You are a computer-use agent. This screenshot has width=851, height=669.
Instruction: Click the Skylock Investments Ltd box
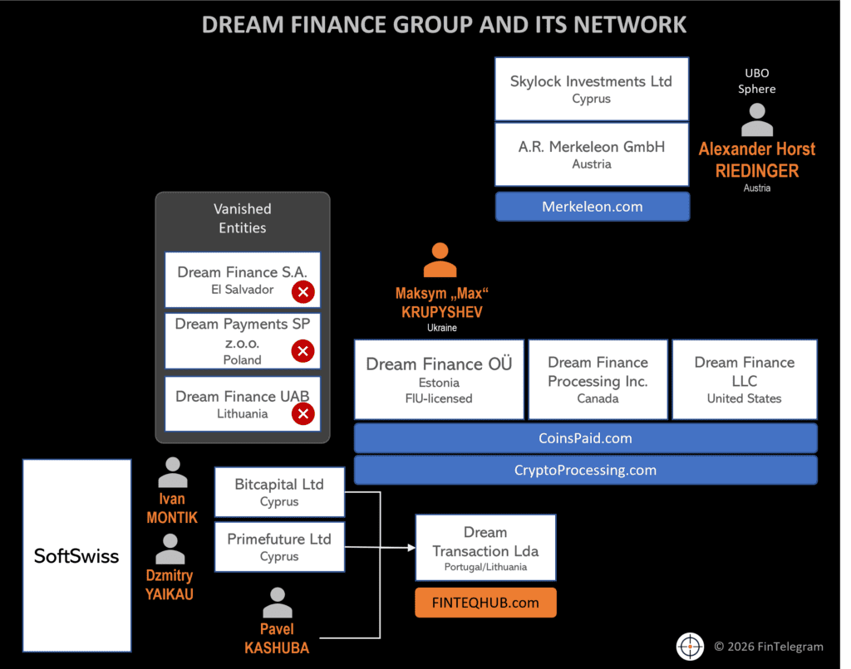591,89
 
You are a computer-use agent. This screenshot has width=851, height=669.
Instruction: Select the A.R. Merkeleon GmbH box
591,154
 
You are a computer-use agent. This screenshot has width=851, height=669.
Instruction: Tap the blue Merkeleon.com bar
593,207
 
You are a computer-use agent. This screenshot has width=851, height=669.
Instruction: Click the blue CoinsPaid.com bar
585,437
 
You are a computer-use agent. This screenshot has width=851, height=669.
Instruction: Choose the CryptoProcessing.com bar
585,470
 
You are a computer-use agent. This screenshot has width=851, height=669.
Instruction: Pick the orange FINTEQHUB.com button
485,603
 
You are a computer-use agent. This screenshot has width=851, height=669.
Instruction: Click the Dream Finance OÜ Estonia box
439,379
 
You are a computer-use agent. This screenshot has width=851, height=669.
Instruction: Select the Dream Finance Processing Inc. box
598,379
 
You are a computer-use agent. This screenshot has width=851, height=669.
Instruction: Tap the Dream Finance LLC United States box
744,379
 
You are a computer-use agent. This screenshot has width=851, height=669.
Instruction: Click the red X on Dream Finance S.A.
303,291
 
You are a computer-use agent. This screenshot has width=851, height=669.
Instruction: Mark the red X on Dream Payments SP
303,352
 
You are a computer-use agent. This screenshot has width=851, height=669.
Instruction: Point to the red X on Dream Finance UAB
303,413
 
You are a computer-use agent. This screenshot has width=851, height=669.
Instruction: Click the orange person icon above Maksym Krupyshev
440,261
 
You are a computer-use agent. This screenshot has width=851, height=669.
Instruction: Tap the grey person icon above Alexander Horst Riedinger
756,120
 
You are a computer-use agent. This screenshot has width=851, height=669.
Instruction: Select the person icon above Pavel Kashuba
277,603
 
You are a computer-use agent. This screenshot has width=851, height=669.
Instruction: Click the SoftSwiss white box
76,555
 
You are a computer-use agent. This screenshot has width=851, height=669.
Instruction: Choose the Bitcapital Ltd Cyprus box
279,492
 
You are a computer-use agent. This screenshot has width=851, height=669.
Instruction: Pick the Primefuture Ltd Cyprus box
279,547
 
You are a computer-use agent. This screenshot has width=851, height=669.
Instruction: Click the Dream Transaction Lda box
485,548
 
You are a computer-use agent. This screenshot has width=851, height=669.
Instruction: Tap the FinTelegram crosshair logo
690,647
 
